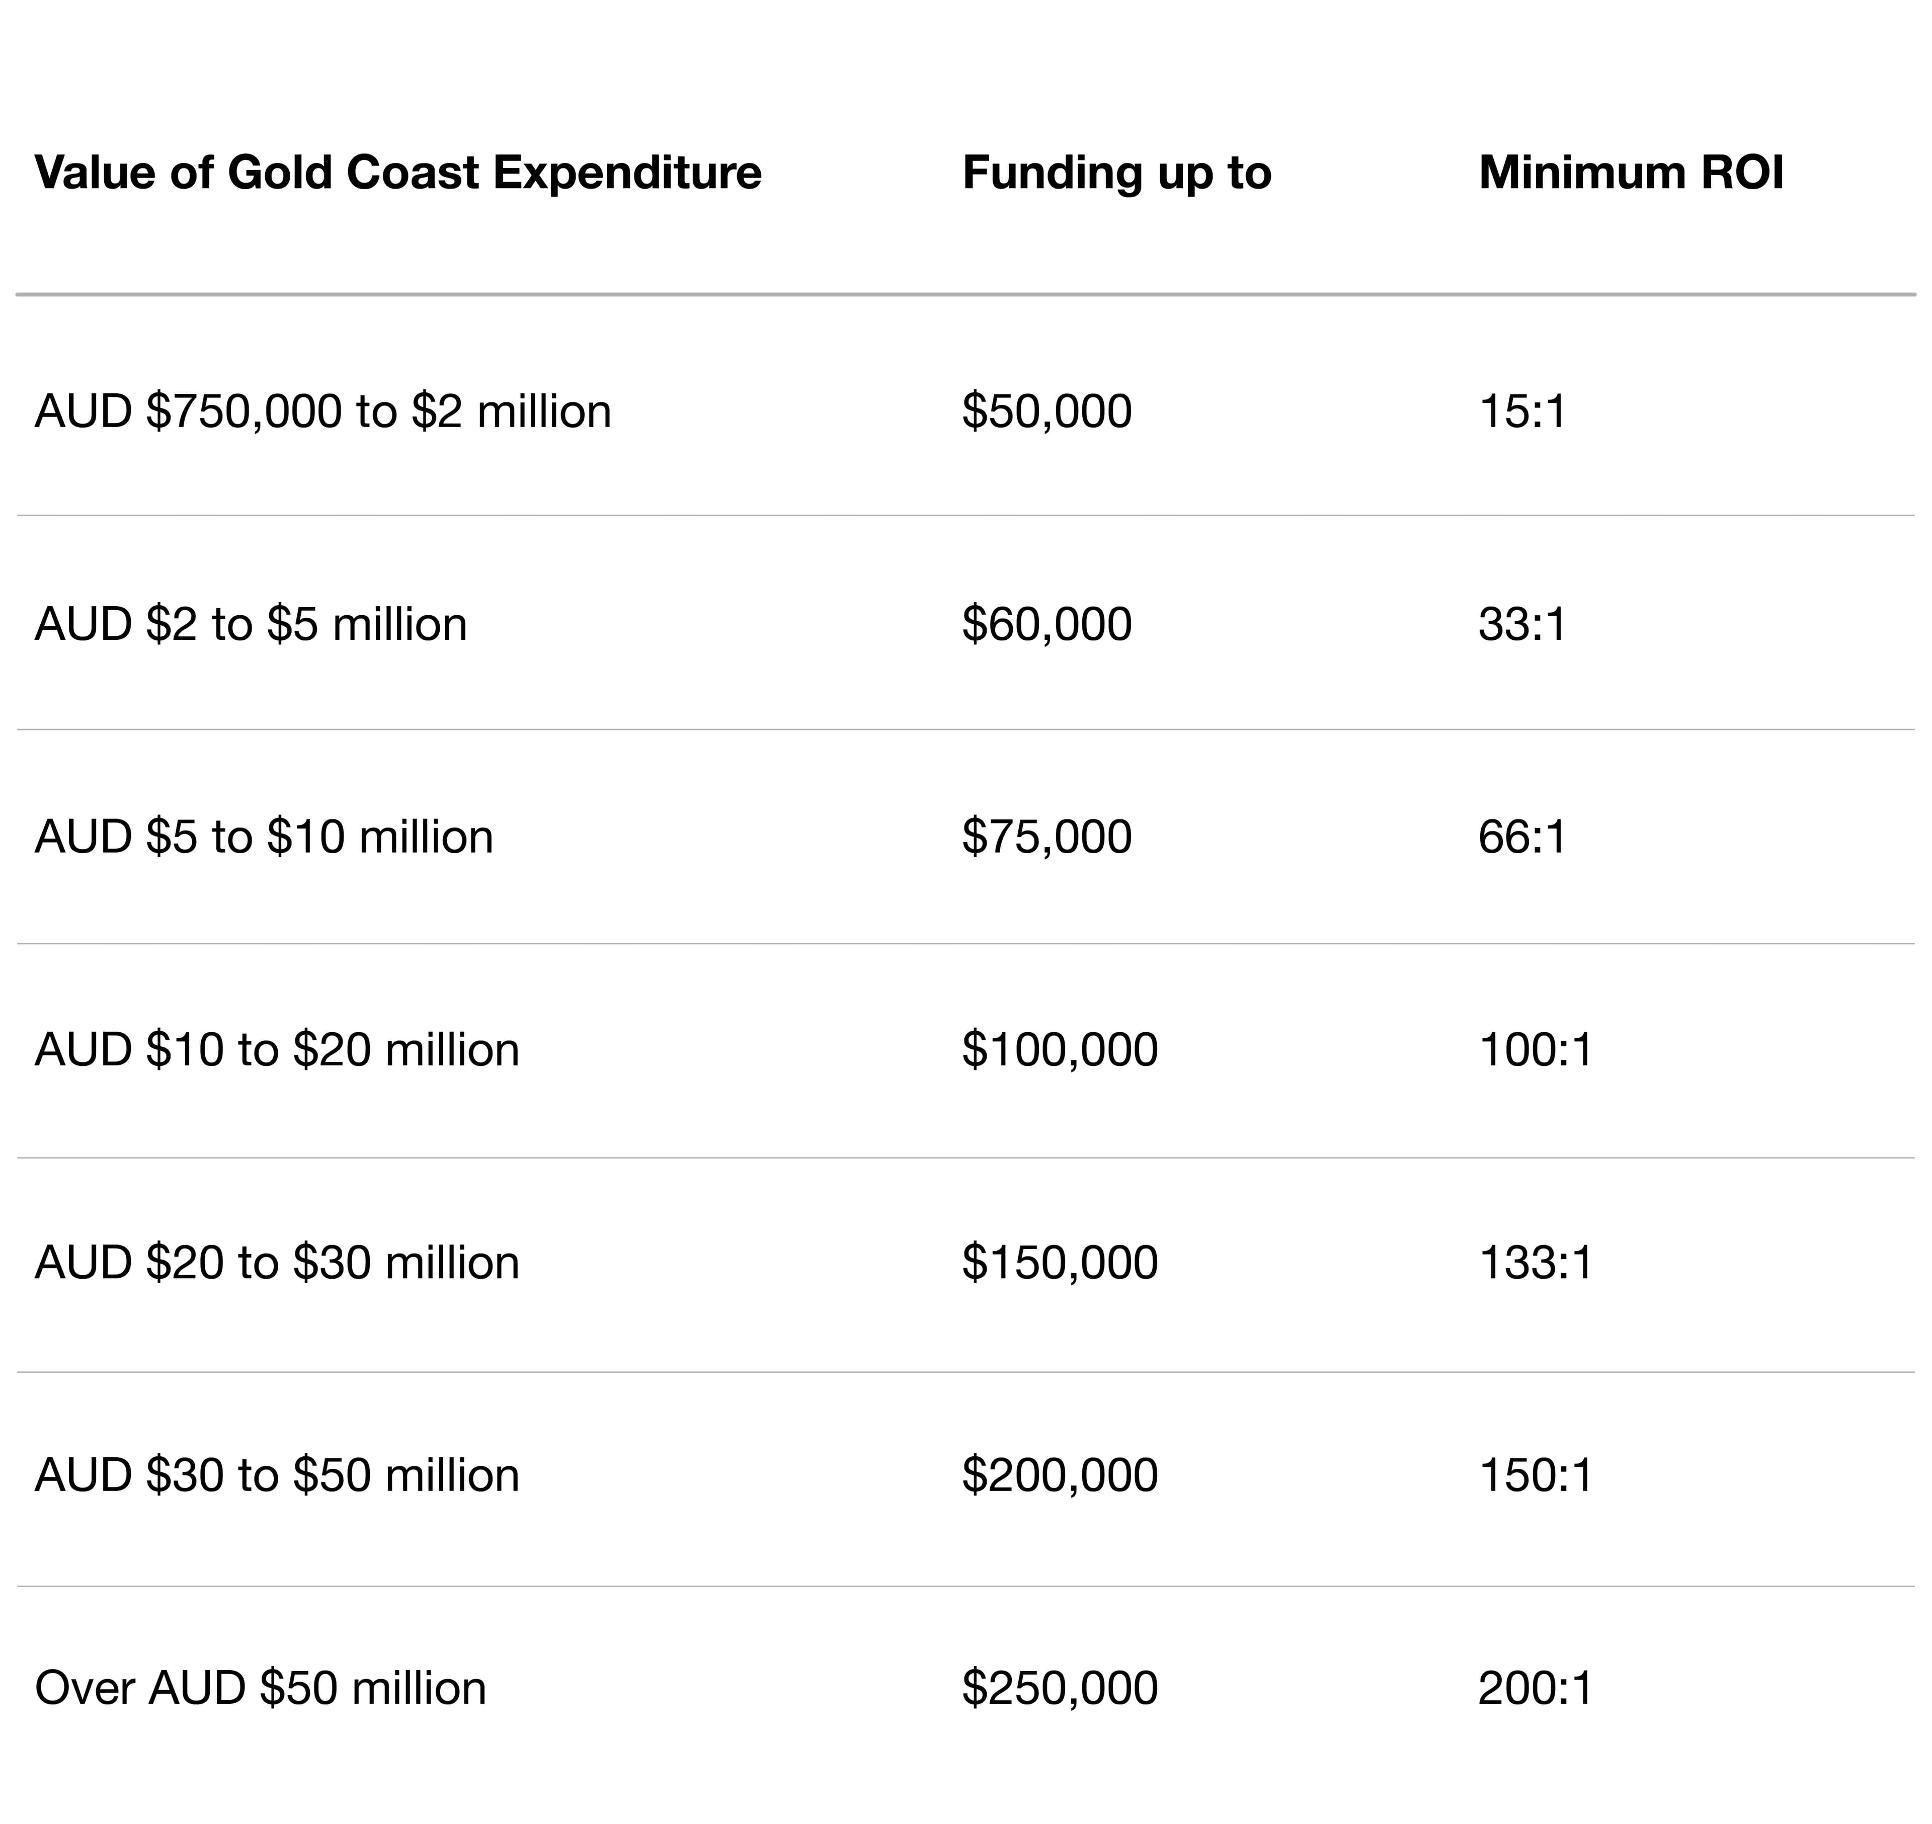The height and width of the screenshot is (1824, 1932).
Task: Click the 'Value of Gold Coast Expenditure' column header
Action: (397, 173)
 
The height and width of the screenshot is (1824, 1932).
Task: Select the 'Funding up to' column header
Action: (1116, 173)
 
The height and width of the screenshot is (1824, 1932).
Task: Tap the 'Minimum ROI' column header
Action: (1631, 173)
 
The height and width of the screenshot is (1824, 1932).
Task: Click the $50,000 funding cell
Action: (1046, 411)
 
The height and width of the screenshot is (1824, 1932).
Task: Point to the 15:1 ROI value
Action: (1521, 411)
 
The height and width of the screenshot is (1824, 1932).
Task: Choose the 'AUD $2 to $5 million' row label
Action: (251, 624)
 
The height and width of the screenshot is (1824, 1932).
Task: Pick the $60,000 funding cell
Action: (1046, 624)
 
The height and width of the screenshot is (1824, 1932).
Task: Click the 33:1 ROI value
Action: (1521, 624)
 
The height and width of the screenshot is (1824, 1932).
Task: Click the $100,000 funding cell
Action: (1060, 1050)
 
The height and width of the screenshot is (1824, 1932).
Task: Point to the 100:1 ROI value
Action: (1536, 1050)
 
